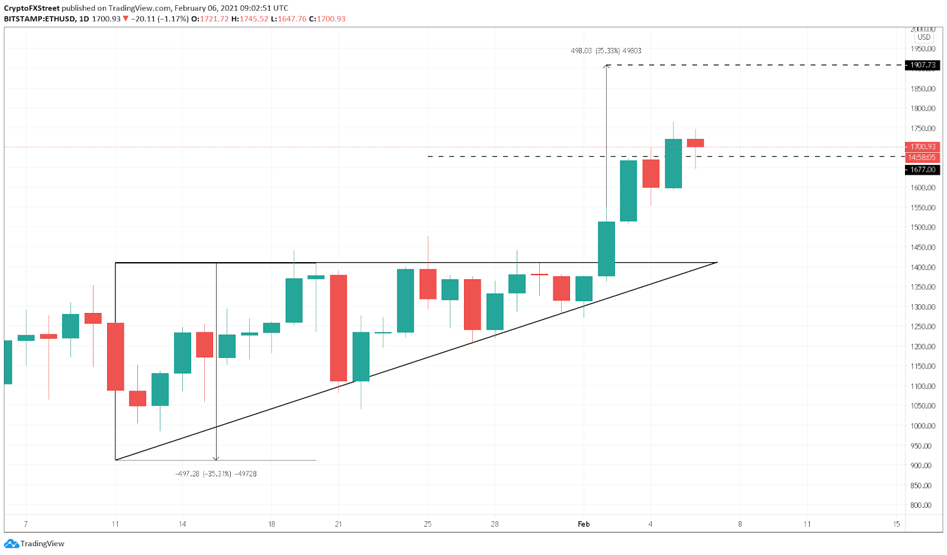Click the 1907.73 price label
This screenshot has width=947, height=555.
pyautogui.click(x=923, y=65)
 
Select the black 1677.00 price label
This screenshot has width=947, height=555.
pyautogui.click(x=923, y=170)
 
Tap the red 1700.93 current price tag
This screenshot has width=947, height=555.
pyautogui.click(x=923, y=147)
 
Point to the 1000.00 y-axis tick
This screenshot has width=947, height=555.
pyautogui.click(x=923, y=426)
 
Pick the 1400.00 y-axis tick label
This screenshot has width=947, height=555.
pyautogui.click(x=923, y=267)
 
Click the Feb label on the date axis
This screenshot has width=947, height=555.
pyautogui.click(x=584, y=524)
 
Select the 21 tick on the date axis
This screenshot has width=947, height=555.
pyautogui.click(x=338, y=524)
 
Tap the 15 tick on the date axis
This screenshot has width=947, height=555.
pyautogui.click(x=896, y=524)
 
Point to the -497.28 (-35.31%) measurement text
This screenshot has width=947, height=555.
pyautogui.click(x=216, y=474)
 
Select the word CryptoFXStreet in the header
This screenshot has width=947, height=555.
pyautogui.click(x=32, y=8)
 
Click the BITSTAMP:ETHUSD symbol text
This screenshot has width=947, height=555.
pyautogui.click(x=40, y=19)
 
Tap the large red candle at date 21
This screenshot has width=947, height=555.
pyautogui.click(x=339, y=328)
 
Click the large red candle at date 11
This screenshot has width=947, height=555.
pyautogui.click(x=115, y=356)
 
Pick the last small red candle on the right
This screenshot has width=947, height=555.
pyautogui.click(x=695, y=143)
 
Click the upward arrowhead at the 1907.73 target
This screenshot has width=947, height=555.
pyautogui.click(x=606, y=67)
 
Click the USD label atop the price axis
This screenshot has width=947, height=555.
pyautogui.click(x=924, y=37)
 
